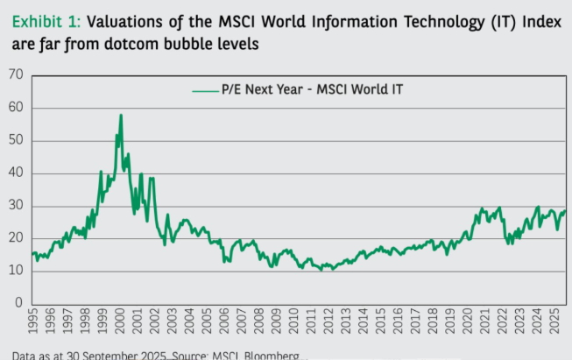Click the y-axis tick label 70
[x=15, y=75]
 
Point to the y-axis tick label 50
[x=15, y=140]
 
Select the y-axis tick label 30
[x=15, y=206]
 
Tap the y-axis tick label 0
[x=18, y=303]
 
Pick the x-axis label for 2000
[x=120, y=327]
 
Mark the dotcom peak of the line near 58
[x=121, y=115]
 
